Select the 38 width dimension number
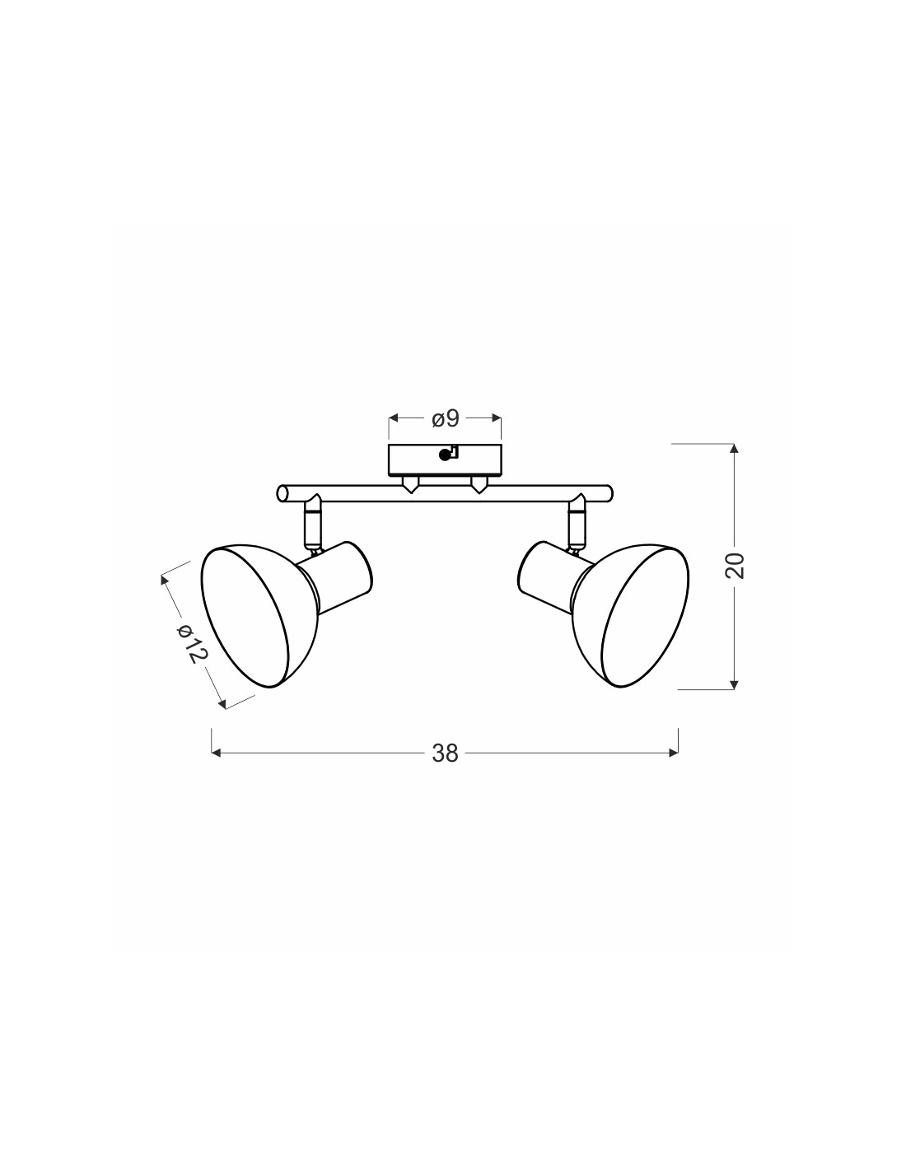tap(445, 753)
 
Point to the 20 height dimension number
tap(736, 565)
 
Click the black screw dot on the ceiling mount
tap(444, 455)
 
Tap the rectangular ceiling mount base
tap(446, 460)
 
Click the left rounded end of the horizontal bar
tap(282, 493)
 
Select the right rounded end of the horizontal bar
tap(608, 493)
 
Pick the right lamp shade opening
tap(646, 617)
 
